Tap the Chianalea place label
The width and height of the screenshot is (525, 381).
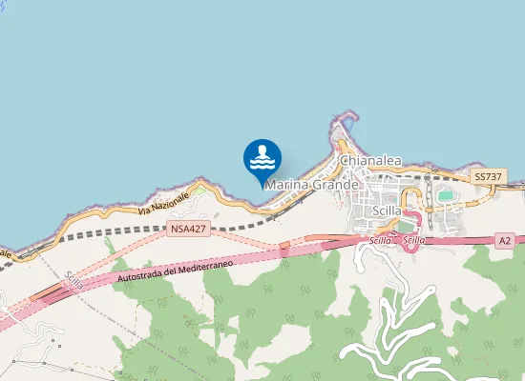coord(370,162)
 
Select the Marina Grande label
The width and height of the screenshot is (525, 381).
coord(312,184)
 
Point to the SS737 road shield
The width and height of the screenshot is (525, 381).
coord(488,178)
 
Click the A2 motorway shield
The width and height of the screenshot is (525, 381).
coord(505,242)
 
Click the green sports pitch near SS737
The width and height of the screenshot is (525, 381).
coord(446,196)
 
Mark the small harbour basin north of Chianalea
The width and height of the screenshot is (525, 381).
coord(348,123)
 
